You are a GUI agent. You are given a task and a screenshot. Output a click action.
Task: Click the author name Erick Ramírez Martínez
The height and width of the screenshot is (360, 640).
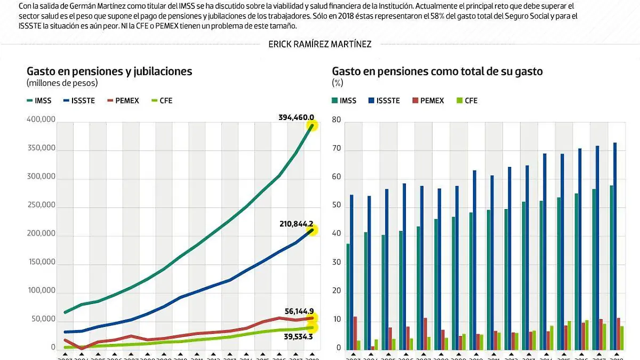click(x=320, y=44)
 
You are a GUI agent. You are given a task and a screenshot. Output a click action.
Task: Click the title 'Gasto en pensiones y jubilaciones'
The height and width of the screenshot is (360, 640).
click(x=109, y=71)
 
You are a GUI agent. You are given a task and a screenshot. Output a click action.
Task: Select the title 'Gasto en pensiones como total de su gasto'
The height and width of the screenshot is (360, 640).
click(x=437, y=71)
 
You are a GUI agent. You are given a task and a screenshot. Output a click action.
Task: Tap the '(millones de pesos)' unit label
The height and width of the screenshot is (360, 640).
click(x=62, y=83)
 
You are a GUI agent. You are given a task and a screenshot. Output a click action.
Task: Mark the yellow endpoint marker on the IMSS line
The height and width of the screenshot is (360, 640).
click(x=311, y=125)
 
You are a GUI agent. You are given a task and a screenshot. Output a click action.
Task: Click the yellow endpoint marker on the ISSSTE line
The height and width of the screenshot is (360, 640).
click(x=311, y=230)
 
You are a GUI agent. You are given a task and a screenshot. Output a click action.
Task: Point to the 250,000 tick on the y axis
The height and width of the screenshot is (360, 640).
click(x=41, y=205)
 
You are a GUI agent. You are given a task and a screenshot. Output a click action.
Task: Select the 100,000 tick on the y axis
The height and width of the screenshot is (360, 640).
click(x=41, y=291)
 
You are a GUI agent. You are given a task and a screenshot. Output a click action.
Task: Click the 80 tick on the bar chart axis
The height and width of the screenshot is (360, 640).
click(x=336, y=120)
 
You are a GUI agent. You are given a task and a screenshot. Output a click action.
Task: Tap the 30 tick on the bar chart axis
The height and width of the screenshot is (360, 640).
click(x=336, y=262)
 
